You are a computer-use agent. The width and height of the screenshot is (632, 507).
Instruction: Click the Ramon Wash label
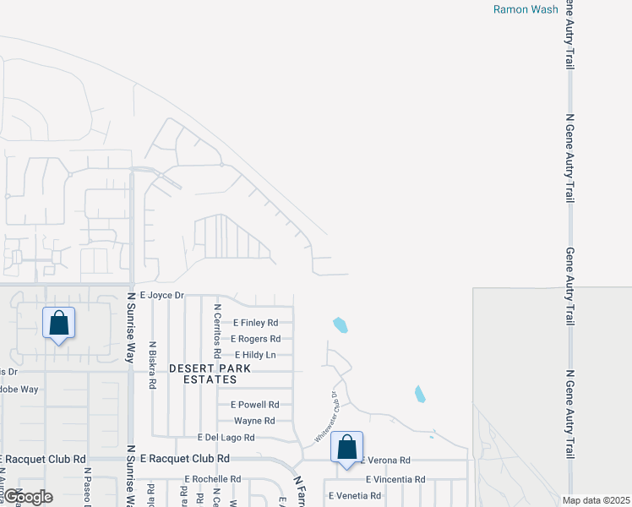526,9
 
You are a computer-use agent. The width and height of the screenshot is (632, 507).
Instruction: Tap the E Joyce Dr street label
161,295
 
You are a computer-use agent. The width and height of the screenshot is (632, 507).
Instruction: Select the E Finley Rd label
254,323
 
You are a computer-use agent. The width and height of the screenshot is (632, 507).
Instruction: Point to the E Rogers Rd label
257,339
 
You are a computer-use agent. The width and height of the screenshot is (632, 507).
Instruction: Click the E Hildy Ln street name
255,355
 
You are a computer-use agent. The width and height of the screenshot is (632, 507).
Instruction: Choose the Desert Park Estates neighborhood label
203,374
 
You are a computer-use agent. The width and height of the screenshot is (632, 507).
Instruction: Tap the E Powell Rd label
254,405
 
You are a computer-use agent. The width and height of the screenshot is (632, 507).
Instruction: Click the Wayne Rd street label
254,421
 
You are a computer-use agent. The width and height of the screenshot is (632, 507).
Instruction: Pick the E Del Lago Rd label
226,438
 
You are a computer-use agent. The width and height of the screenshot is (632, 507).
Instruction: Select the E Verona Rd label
387,461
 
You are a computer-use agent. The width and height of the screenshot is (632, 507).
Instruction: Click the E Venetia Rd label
355,495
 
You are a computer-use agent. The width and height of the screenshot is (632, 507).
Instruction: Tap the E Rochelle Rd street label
212,479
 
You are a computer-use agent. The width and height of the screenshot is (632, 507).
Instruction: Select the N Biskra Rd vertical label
152,364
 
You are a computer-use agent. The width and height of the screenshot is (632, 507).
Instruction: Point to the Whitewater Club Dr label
326,417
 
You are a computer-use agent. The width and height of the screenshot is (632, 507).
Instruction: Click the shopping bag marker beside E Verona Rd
346,448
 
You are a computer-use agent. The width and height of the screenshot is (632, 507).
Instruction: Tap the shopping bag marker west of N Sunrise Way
58,323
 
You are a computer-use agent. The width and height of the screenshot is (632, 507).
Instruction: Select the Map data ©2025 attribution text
597,500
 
